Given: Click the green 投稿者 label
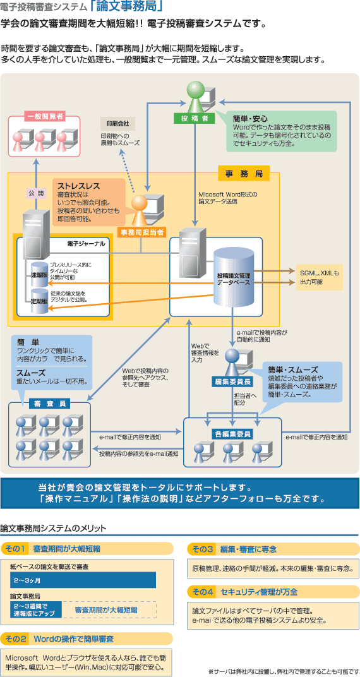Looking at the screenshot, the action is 194,118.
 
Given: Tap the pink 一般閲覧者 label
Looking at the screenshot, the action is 45,116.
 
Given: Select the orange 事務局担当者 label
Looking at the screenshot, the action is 141,232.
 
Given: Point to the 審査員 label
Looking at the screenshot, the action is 50,405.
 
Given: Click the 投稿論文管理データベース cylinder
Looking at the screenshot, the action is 234,279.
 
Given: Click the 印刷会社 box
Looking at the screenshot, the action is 117,124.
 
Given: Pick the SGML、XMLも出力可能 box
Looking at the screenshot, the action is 319,277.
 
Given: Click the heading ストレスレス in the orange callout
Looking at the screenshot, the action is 79,186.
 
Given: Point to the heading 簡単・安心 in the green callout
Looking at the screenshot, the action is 250,118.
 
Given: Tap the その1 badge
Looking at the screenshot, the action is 16,549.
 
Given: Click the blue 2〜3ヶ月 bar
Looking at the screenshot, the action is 83,580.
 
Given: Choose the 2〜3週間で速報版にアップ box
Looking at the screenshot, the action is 36,610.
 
